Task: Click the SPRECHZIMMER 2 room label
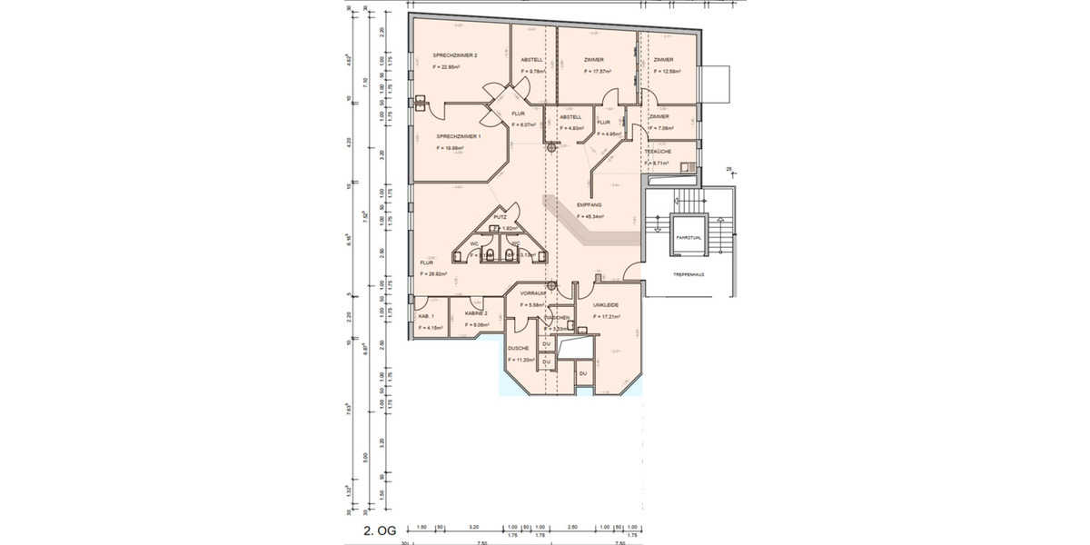[455, 55]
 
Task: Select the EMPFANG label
[590, 205]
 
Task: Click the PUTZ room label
[500, 217]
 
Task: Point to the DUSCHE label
[518, 348]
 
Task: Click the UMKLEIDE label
[606, 305]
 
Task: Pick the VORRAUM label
[532, 294]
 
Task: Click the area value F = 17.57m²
[597, 71]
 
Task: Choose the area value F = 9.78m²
[531, 71]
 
